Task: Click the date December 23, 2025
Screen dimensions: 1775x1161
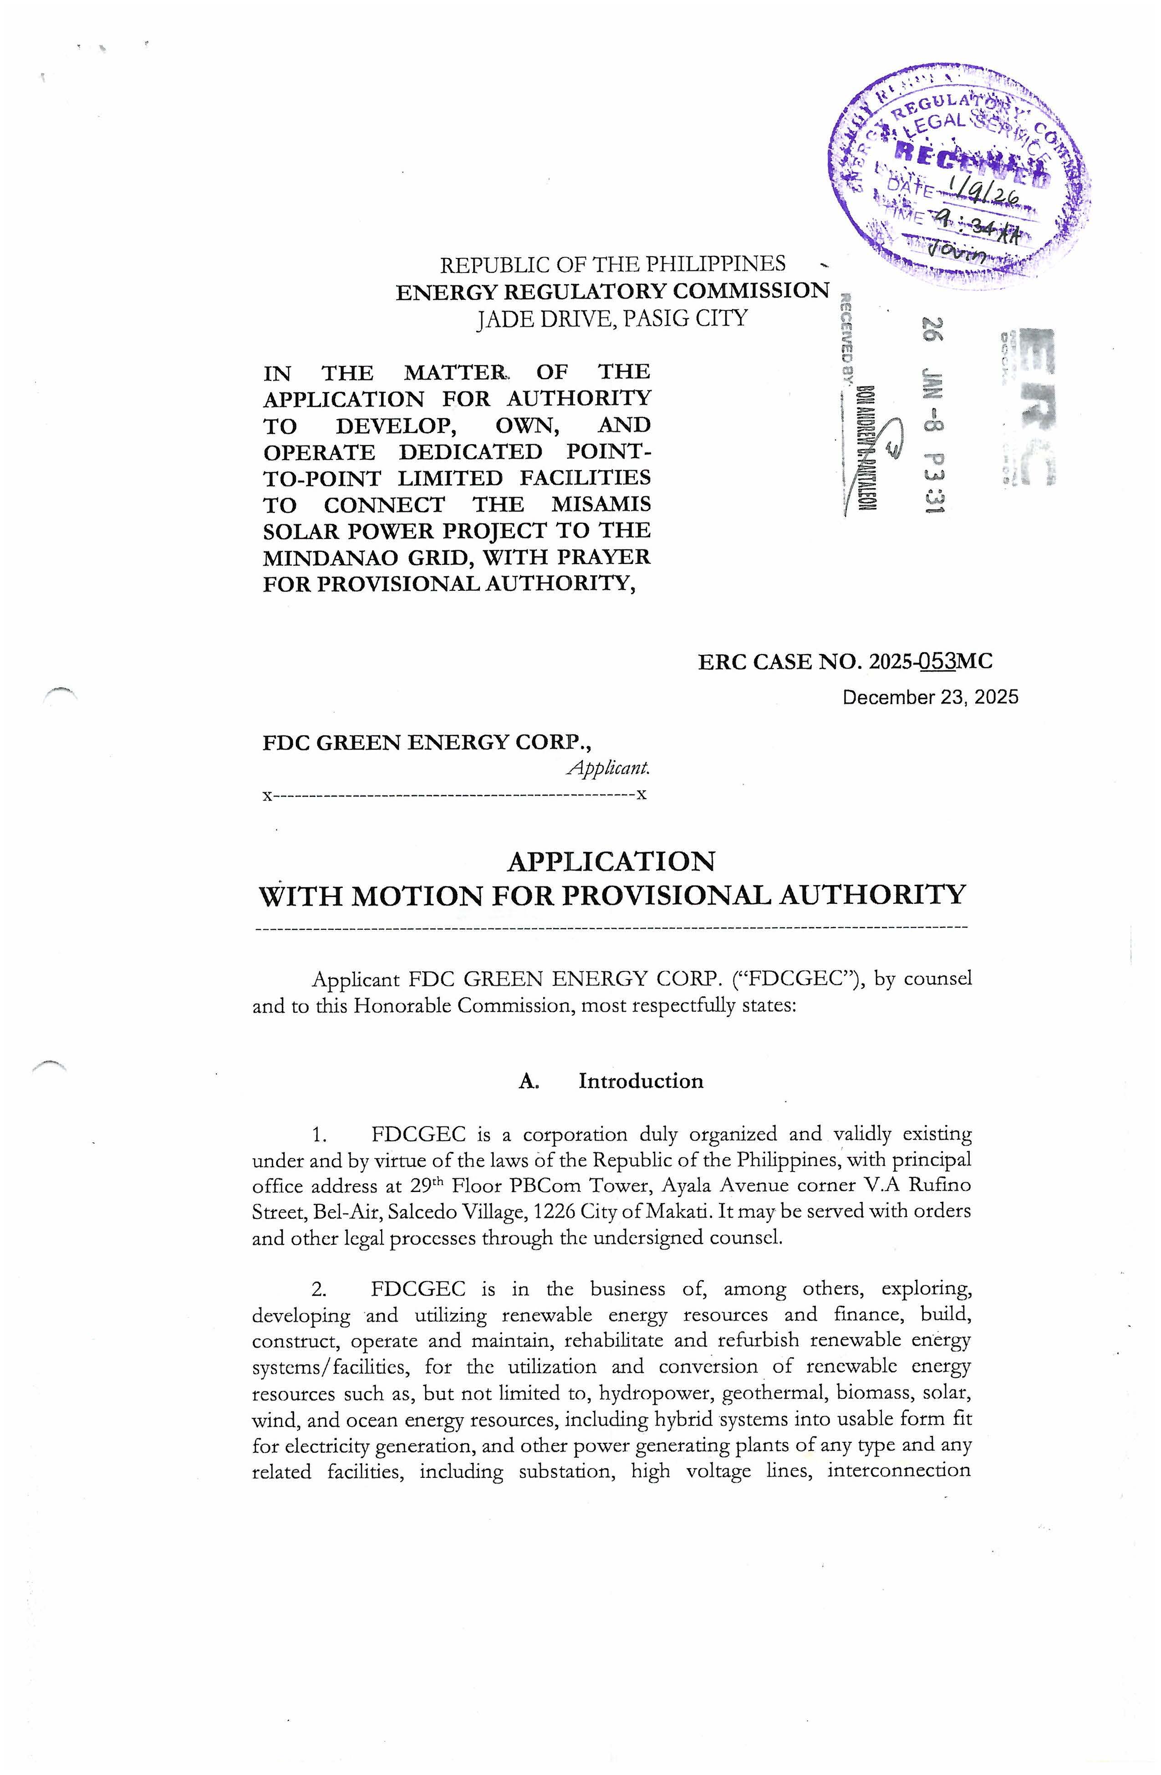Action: pos(930,697)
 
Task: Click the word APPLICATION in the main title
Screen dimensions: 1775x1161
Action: pos(611,862)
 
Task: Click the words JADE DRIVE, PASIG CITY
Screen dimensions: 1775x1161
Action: pos(612,319)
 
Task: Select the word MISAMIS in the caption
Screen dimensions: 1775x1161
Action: pos(601,504)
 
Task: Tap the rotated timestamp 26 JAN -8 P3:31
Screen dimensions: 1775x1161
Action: pos(933,414)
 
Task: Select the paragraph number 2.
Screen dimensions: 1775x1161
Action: pos(319,1289)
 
